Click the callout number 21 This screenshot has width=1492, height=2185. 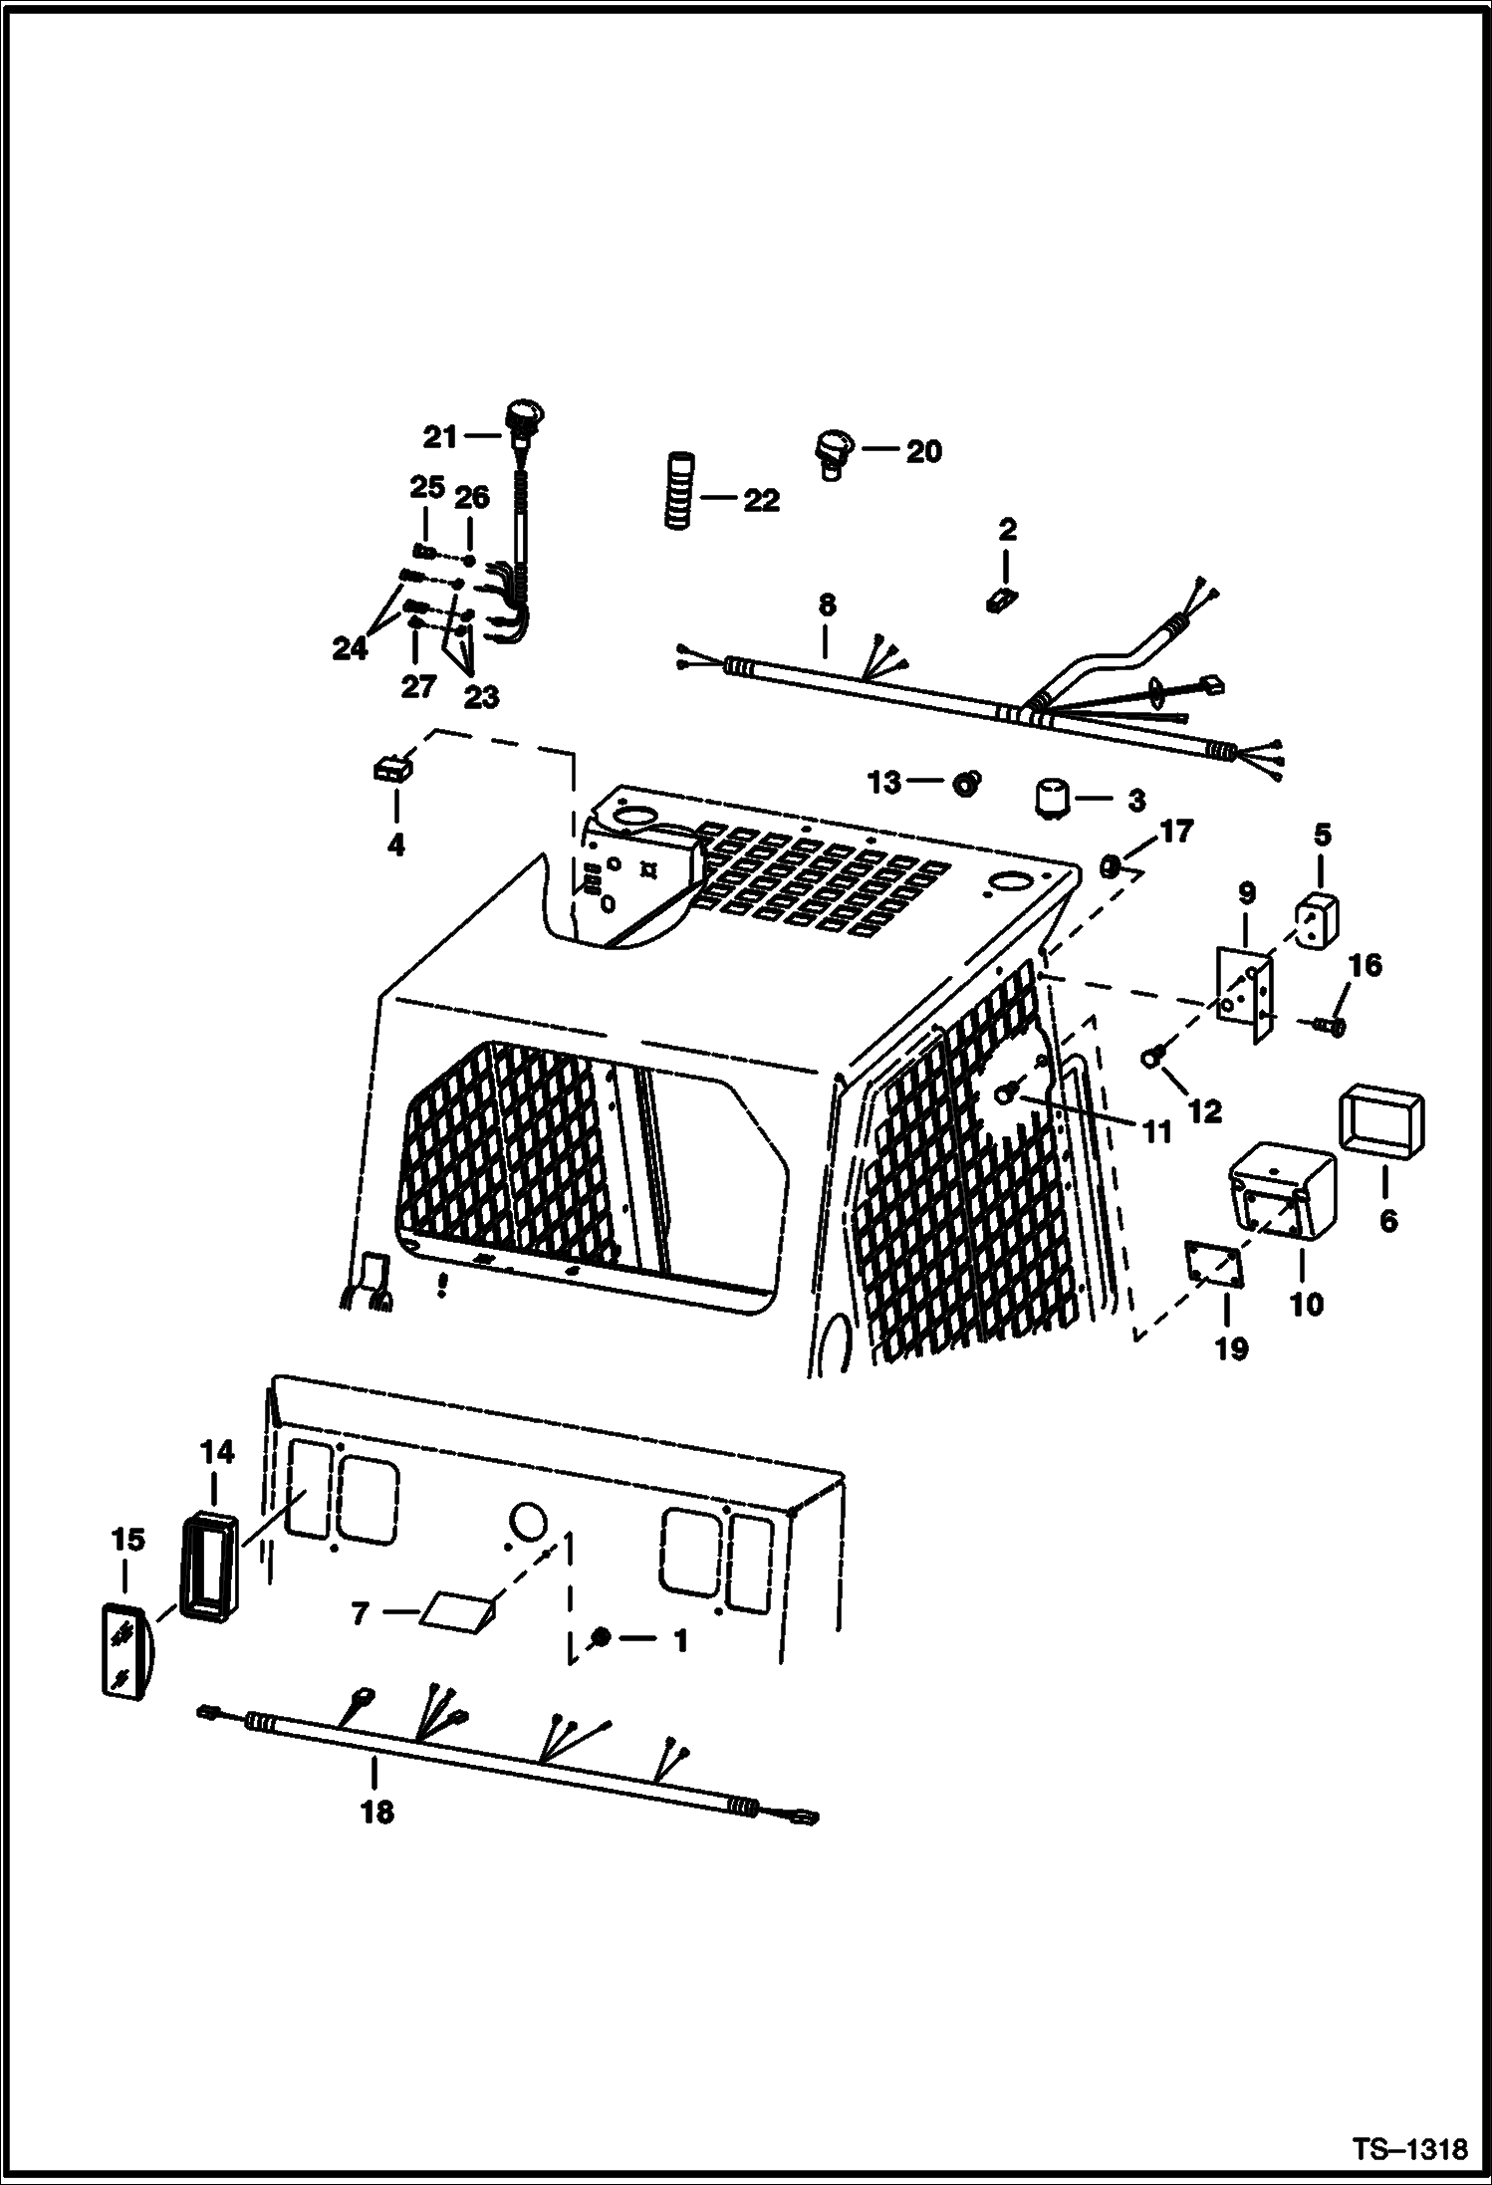(x=440, y=436)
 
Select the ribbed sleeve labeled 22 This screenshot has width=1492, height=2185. (x=678, y=491)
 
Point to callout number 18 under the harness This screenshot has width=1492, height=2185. (x=377, y=1812)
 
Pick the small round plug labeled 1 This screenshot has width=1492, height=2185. (x=601, y=1637)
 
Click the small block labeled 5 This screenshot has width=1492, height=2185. (x=1316, y=913)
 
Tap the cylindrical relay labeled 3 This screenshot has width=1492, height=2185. (x=1052, y=798)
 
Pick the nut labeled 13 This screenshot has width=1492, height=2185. (x=964, y=784)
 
